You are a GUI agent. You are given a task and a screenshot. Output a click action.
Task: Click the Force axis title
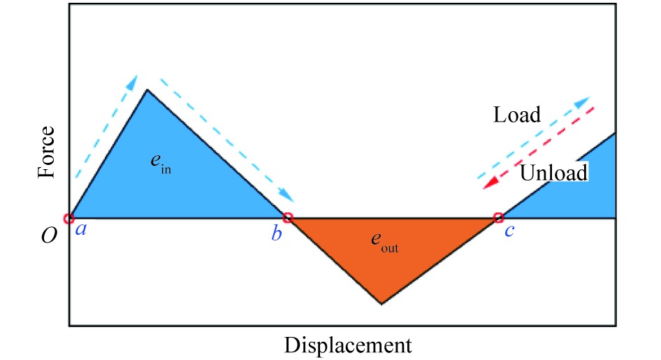47,152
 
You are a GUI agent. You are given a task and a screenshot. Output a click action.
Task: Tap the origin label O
49,236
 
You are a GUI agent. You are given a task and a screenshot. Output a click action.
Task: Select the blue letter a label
81,229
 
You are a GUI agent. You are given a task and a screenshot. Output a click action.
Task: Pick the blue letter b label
277,234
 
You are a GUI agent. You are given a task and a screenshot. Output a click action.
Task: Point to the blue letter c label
509,231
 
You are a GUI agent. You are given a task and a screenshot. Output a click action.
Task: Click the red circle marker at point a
69,219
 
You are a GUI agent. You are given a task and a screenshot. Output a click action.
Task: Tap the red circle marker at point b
288,218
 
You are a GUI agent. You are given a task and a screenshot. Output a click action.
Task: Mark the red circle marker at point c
498,218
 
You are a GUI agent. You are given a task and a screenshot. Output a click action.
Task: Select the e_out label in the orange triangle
384,243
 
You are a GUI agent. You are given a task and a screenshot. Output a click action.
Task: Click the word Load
516,115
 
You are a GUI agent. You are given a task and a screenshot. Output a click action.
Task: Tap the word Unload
553,172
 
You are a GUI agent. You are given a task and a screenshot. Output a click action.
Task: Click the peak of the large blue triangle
147,90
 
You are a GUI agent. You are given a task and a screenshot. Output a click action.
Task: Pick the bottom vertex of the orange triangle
381,303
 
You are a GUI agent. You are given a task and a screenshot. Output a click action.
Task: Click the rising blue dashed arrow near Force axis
103,126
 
